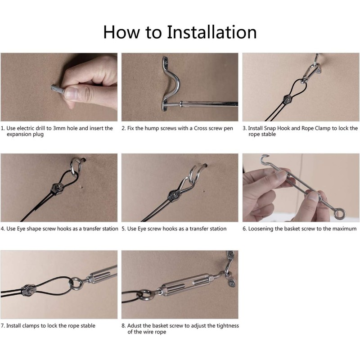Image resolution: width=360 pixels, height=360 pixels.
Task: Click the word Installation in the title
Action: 211,32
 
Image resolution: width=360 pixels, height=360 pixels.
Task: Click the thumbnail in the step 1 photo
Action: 71,93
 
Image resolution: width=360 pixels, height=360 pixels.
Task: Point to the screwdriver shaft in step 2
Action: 209,104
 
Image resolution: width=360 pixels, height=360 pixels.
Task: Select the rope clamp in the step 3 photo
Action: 287,99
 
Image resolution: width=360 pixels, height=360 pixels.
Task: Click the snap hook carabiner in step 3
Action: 310,72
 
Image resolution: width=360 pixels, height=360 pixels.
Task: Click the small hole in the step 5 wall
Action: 204,190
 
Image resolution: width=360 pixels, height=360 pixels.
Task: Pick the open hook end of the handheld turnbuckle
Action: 265,158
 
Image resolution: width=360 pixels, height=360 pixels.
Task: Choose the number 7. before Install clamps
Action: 3,325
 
